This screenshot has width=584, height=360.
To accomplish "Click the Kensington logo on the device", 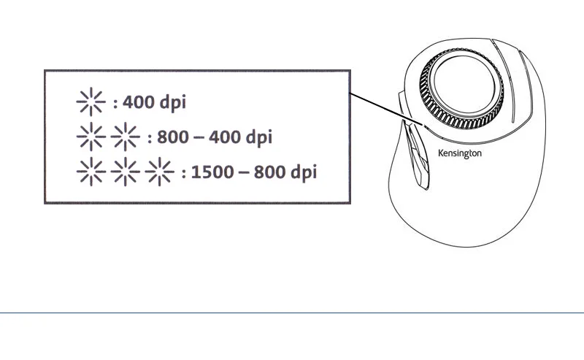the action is click(x=459, y=153).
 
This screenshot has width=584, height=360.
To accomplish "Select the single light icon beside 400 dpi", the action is click(x=91, y=103).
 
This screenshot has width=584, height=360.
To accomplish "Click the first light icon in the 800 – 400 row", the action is click(x=91, y=137).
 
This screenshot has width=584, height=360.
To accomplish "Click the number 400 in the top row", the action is click(x=139, y=103).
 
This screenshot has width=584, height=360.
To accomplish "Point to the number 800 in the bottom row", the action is click(x=266, y=172).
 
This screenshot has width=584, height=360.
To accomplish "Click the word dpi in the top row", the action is click(x=172, y=103).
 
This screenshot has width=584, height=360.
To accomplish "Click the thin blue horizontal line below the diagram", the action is click(x=292, y=313).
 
